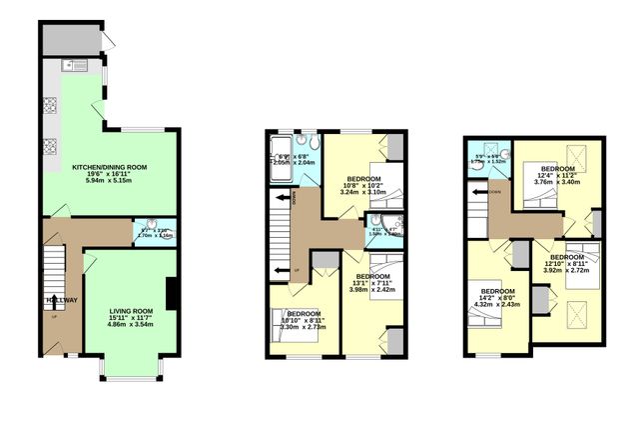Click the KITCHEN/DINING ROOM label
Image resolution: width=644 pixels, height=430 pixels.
tap(110, 166)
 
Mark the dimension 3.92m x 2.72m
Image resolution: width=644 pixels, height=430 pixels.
tap(565, 270)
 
